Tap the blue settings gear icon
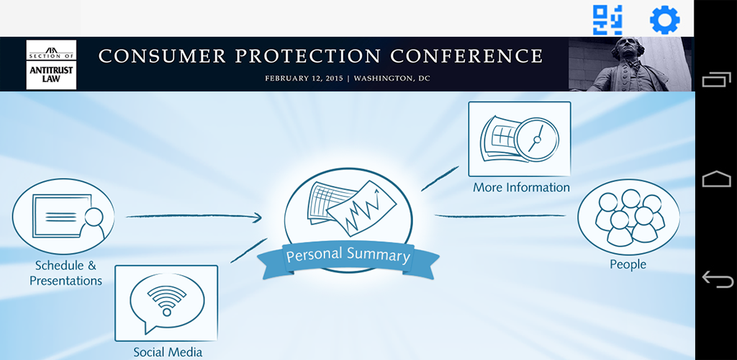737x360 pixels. pyautogui.click(x=664, y=19)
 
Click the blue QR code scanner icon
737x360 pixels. pyautogui.click(x=607, y=19)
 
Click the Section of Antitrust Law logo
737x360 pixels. pyautogui.click(x=51, y=64)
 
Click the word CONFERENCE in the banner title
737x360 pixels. pyautogui.click(x=466, y=56)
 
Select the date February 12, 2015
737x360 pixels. pyautogui.click(x=304, y=78)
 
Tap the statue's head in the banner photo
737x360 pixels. pyautogui.click(x=623, y=48)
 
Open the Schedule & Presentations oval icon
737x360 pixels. pyautogui.click(x=63, y=216)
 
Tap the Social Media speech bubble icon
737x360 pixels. pyautogui.click(x=167, y=302)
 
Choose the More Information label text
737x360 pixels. pyautogui.click(x=521, y=187)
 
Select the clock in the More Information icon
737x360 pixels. pyautogui.click(x=537, y=140)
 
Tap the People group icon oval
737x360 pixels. pyautogui.click(x=628, y=217)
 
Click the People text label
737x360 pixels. pyautogui.click(x=628, y=264)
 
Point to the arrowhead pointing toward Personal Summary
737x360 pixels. pyautogui.click(x=256, y=217)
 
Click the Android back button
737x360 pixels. pyautogui.click(x=717, y=279)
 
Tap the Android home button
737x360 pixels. pyautogui.click(x=717, y=179)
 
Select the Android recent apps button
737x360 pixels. pyautogui.click(x=717, y=79)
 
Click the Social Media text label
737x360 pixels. pyautogui.click(x=168, y=352)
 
